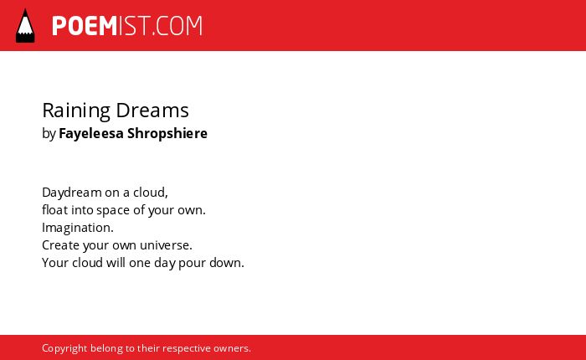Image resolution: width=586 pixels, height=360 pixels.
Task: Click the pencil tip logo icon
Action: (x=25, y=26)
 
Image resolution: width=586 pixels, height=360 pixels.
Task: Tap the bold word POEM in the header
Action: (x=85, y=26)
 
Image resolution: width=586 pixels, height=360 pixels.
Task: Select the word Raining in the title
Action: (x=76, y=111)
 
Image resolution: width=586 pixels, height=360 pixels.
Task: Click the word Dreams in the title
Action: (x=152, y=111)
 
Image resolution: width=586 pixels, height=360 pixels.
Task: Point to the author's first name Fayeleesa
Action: (x=91, y=133)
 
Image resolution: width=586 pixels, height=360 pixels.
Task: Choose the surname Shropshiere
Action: (x=167, y=133)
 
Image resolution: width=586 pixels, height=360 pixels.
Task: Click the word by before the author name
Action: (x=49, y=133)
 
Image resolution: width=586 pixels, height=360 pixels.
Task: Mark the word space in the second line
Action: (x=113, y=210)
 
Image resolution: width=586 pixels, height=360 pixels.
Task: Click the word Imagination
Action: (x=78, y=228)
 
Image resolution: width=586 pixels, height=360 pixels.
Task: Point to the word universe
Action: (x=166, y=245)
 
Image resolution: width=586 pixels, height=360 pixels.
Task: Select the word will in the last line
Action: (x=116, y=262)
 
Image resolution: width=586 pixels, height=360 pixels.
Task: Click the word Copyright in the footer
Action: (x=64, y=348)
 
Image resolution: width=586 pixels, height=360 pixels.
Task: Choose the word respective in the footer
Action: (x=187, y=348)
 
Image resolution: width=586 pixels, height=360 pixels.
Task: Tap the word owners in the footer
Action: (x=232, y=348)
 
